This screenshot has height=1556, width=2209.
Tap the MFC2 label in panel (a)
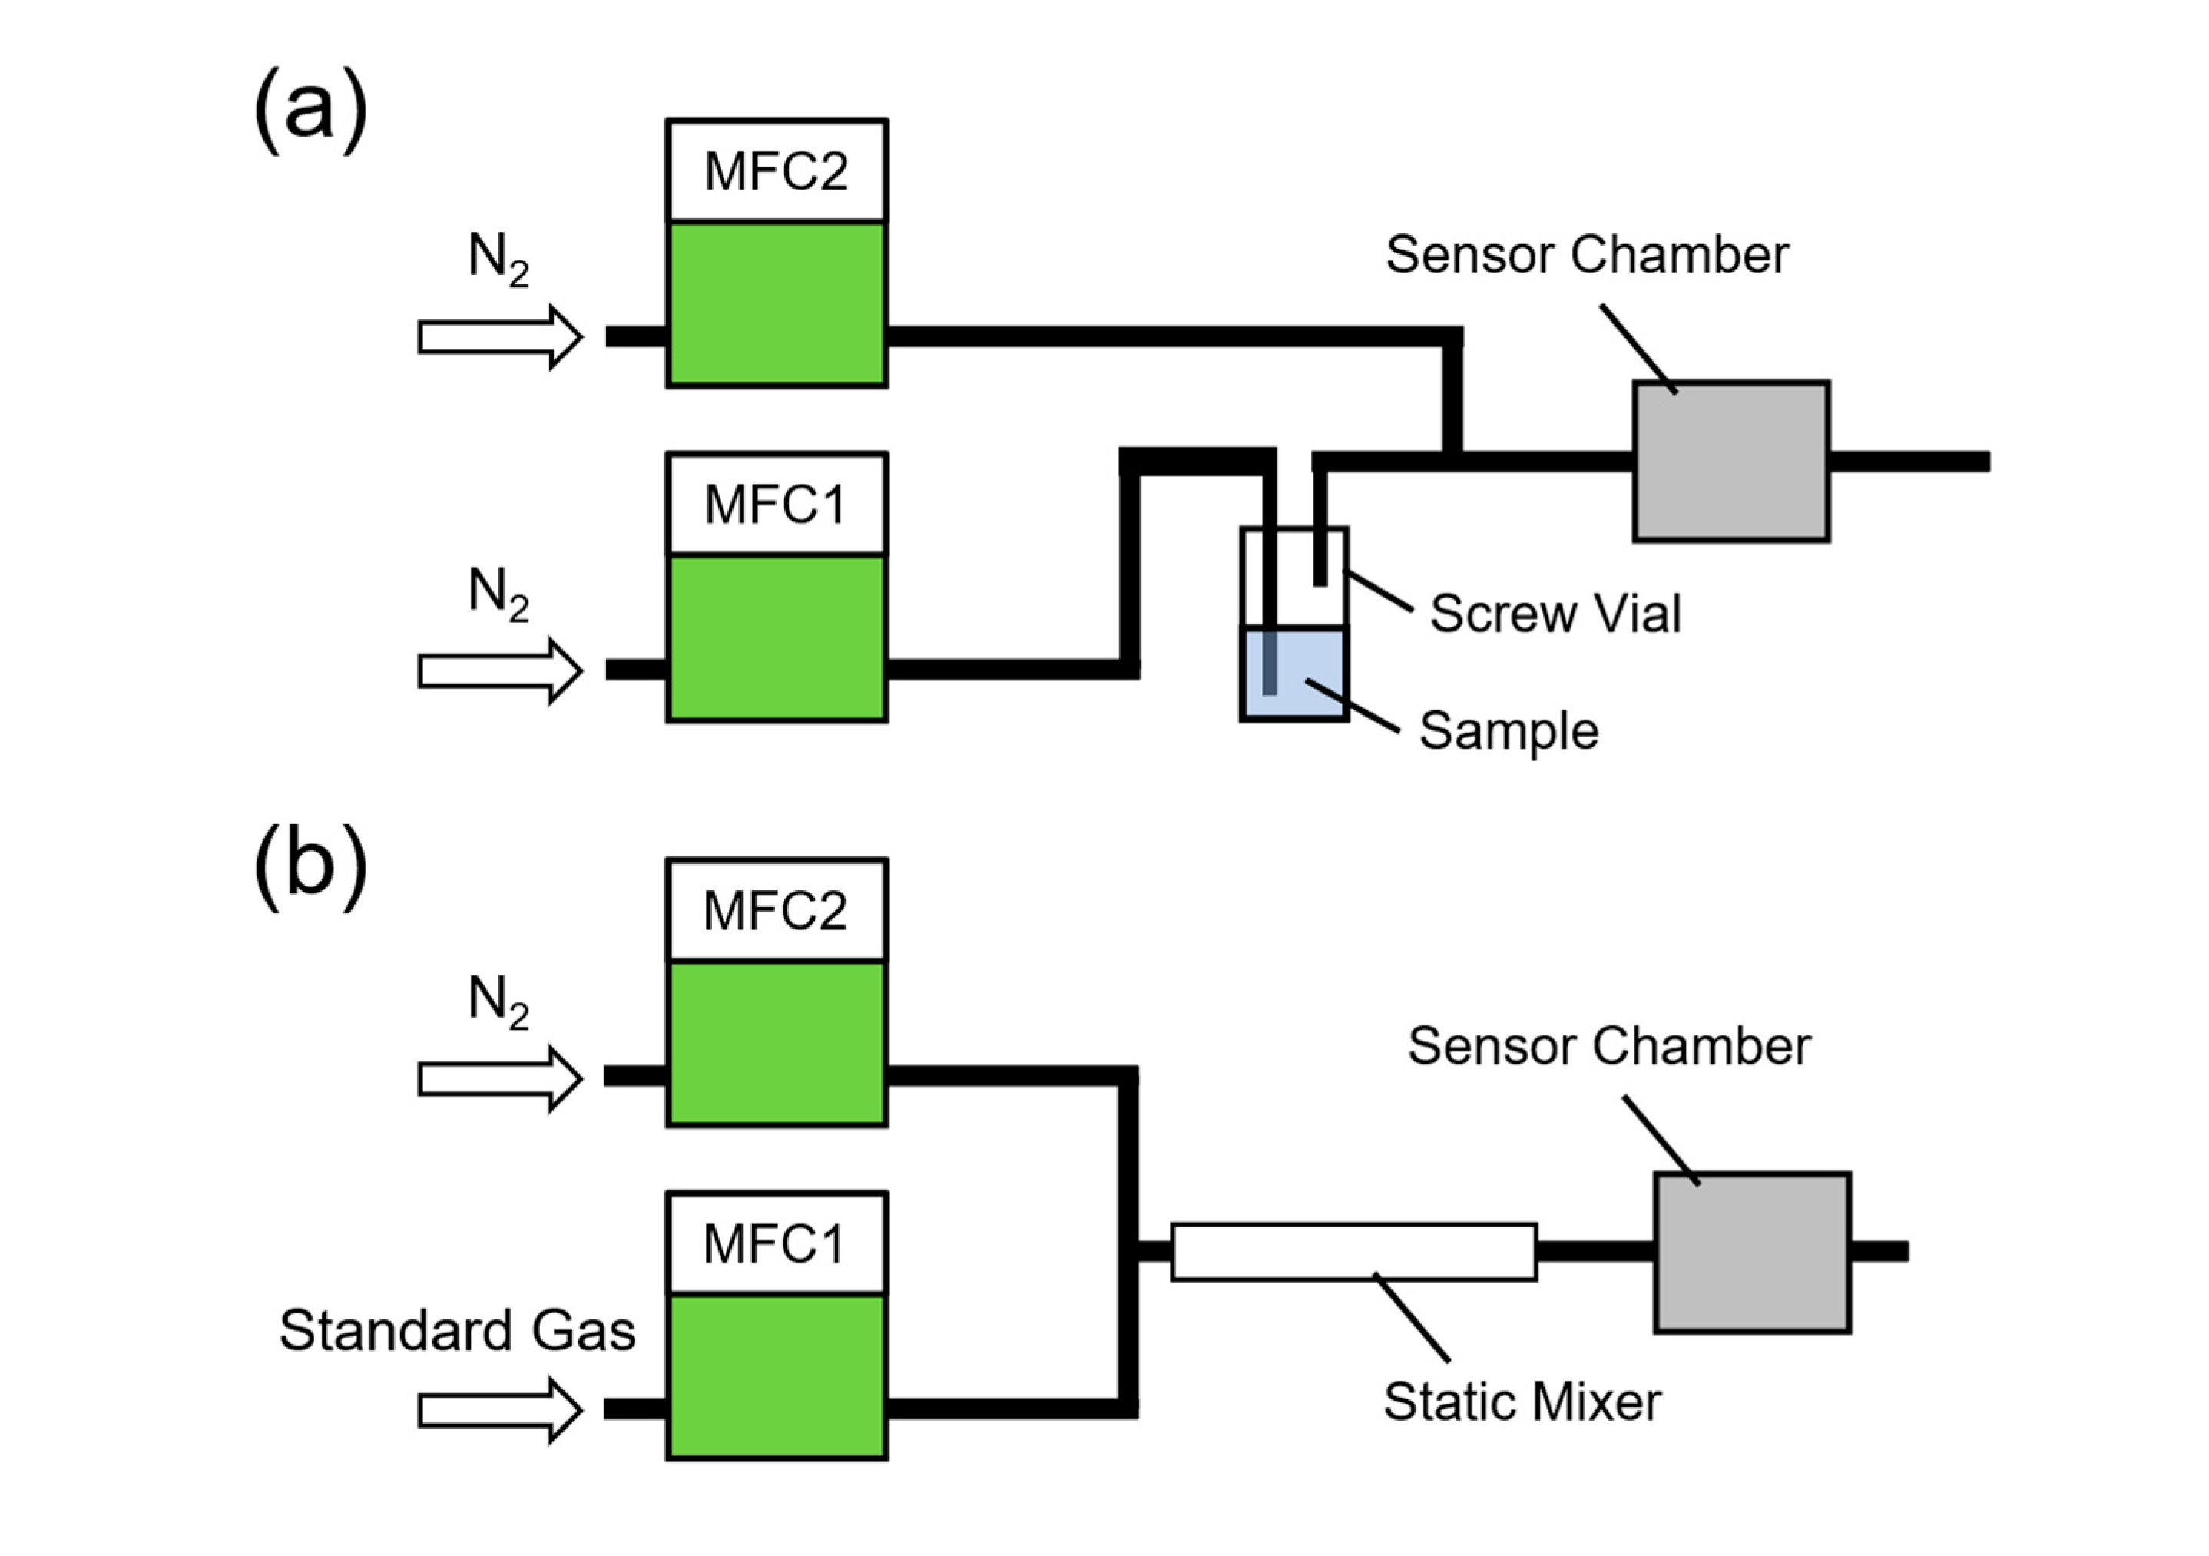tap(776, 171)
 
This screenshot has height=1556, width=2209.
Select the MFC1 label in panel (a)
tap(776, 505)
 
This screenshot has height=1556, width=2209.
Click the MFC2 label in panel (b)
tap(776, 910)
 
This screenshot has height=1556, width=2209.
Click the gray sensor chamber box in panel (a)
tap(1730, 461)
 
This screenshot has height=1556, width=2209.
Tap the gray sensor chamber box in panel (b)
tap(1752, 1252)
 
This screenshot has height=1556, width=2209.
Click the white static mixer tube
tap(1353, 1251)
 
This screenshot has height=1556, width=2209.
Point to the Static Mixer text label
tap(1522, 1401)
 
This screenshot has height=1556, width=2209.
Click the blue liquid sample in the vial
tap(1309, 674)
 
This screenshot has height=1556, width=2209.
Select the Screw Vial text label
tap(1555, 613)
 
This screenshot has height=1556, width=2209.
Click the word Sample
tap(1509, 730)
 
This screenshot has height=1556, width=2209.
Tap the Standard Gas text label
tap(457, 1331)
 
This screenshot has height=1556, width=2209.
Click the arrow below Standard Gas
tap(499, 1411)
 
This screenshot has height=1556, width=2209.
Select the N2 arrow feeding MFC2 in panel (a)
tap(499, 337)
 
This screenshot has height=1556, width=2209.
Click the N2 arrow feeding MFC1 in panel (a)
tap(499, 670)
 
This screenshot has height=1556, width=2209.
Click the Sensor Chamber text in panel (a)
tap(1587, 255)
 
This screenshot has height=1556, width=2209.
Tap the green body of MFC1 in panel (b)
tap(776, 1376)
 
